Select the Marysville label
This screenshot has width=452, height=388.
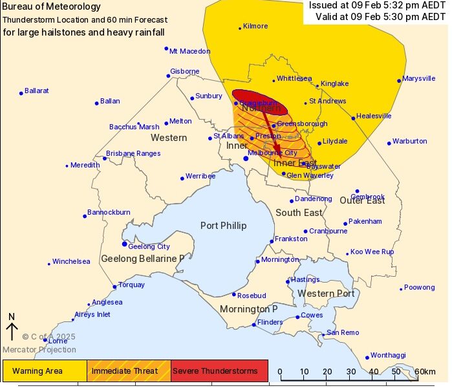pyautogui.click(x=418, y=79)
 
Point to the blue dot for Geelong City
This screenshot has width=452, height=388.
pyautogui.click(x=125, y=244)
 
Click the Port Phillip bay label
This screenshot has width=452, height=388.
pyautogui.click(x=223, y=225)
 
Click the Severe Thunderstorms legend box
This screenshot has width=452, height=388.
pyautogui.click(x=219, y=371)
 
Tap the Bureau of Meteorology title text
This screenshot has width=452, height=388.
pyautogui.click(x=52, y=6)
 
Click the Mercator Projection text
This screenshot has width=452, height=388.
pyautogui.click(x=39, y=350)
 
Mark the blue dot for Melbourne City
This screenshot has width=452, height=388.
pyautogui.click(x=246, y=158)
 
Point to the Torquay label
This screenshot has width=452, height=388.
pyautogui.click(x=132, y=285)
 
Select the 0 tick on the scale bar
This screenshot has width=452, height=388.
pyautogui.click(x=280, y=372)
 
